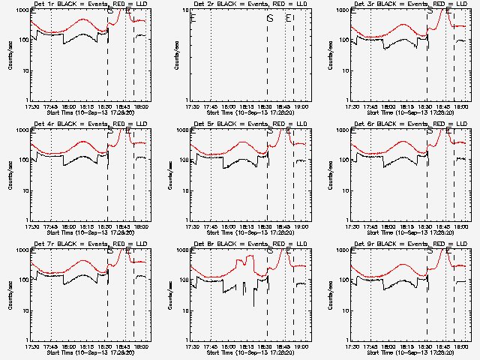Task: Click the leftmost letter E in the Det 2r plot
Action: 193,18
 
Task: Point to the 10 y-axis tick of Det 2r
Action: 187,10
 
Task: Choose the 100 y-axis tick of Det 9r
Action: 346,280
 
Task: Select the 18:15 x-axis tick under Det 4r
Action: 89,226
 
